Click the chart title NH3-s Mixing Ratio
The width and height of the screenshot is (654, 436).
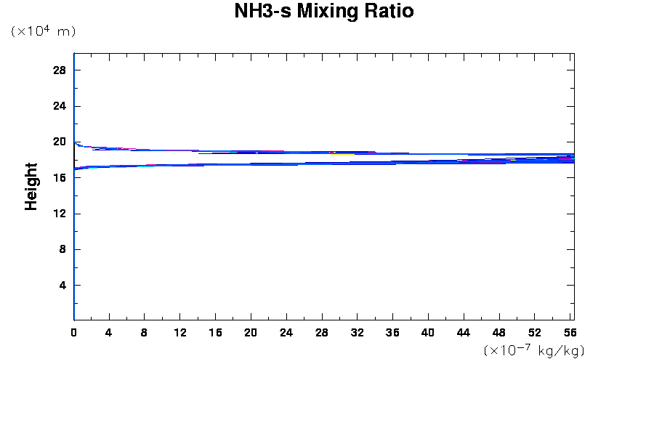pos(324,12)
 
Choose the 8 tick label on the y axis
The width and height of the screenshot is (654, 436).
pos(62,249)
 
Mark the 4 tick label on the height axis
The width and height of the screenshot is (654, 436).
pos(62,286)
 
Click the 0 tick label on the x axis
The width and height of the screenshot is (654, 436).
pos(74,332)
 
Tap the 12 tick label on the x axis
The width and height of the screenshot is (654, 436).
pos(179,332)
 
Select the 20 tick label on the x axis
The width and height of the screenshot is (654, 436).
pos(251,332)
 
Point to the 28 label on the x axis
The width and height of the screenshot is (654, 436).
pos(322,332)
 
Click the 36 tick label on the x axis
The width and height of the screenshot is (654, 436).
pos(392,332)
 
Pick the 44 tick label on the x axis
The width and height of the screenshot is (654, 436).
pos(464,332)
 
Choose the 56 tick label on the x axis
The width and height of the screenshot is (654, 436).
pos(570,332)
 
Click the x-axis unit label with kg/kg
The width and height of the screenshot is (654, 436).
pos(534,350)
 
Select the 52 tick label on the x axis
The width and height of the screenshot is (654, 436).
pos(535,332)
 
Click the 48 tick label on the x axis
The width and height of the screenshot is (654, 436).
pos(499,332)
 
